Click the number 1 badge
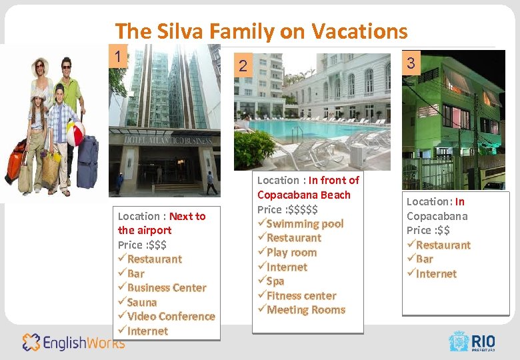[x=118, y=57]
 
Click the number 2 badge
[x=243, y=66]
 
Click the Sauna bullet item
[x=141, y=302]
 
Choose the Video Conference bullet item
[x=170, y=316]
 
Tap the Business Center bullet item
[x=166, y=287]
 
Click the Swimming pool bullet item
[x=304, y=223]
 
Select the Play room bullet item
[x=291, y=252]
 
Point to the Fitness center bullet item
[x=301, y=295]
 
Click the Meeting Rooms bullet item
[x=305, y=309]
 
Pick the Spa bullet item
[x=275, y=281]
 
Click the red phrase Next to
[x=187, y=216]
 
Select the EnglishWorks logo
[x=73, y=343]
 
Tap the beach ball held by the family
[x=75, y=134]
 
